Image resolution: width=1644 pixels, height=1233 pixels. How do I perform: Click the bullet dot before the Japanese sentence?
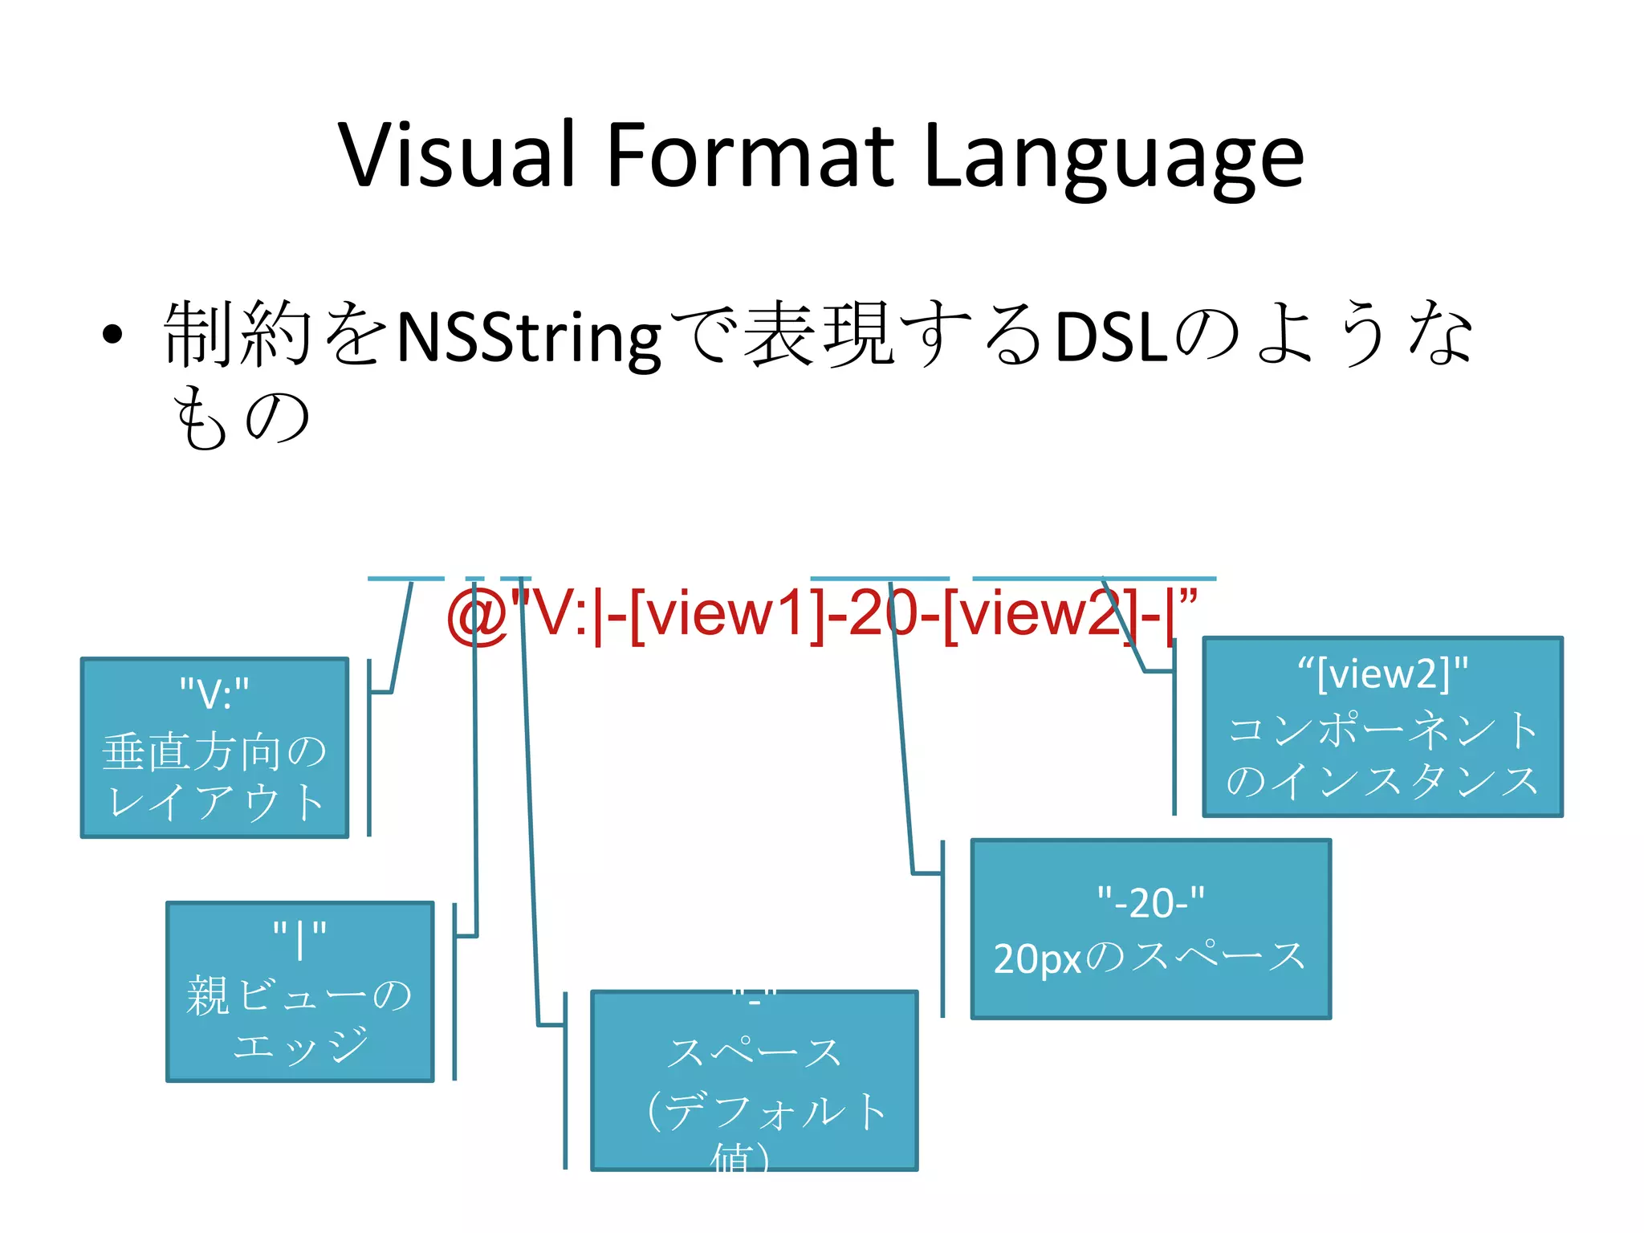coord(112,335)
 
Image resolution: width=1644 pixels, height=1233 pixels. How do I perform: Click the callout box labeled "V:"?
coord(215,747)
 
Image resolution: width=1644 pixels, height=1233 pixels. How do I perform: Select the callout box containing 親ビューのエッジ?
coord(300,991)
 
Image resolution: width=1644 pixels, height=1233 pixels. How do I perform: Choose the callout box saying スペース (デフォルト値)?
coord(755,1080)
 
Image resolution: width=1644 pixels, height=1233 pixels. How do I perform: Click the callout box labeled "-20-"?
coord(1151,929)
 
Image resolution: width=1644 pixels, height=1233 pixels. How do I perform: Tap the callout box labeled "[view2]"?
coord(1382,726)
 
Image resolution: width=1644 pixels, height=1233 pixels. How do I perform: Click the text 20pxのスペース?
coord(1150,958)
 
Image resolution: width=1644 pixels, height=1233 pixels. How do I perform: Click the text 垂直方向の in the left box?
coord(214,752)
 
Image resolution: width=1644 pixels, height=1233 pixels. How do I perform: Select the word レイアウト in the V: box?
coord(215,802)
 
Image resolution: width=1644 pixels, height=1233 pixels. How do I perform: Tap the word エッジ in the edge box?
coord(300,1044)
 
